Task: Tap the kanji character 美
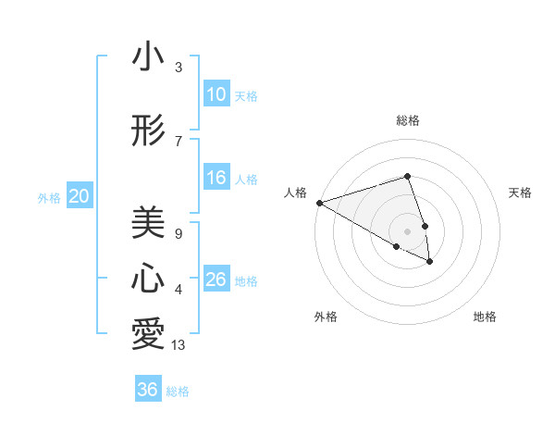[x=148, y=222]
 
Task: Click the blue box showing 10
[x=216, y=94]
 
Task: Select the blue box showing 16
[x=216, y=178]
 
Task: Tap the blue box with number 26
[x=216, y=280]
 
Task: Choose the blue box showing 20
[x=80, y=196]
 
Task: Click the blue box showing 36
[x=148, y=390]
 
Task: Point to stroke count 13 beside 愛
[x=179, y=346]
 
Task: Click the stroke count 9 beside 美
[x=179, y=234]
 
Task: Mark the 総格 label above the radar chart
[x=408, y=120]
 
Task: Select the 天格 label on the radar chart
[x=521, y=193]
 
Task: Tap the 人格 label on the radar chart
[x=296, y=193]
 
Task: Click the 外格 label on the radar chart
[x=326, y=317]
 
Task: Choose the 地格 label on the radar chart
[x=485, y=317]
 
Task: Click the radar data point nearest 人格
[x=319, y=203]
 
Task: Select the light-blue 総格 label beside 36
[x=178, y=391]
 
